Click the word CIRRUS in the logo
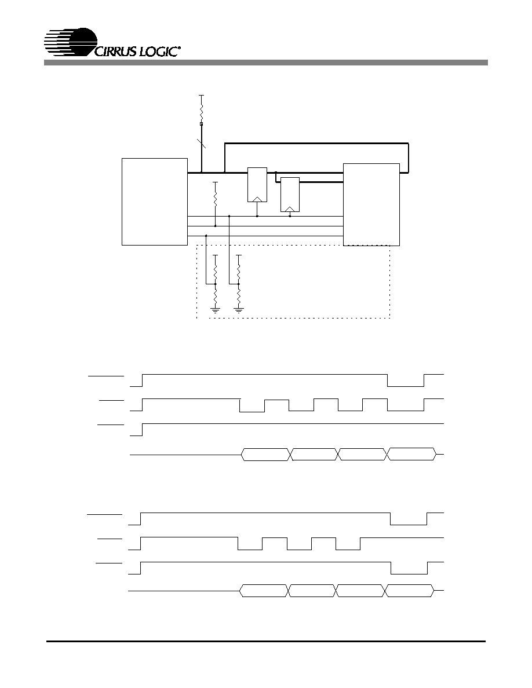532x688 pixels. [x=115, y=51]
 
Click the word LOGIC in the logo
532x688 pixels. [x=158, y=51]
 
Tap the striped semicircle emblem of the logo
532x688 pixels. [x=71, y=42]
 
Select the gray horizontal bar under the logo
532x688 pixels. [x=265, y=63]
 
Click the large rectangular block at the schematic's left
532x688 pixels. [x=155, y=202]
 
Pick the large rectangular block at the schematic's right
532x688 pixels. [x=371, y=204]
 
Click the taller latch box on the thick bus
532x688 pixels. [x=257, y=185]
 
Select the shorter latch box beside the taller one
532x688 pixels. [x=290, y=195]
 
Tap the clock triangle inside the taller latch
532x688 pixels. [x=257, y=199]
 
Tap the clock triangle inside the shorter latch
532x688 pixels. [x=290, y=209]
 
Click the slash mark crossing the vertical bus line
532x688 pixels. [x=202, y=142]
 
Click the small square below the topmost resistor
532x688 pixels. [x=202, y=124]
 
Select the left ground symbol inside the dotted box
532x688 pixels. [x=216, y=310]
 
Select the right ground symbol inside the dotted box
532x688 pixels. [x=239, y=310]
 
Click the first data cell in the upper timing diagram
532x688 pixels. [x=265, y=455]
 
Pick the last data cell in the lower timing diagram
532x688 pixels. [x=410, y=591]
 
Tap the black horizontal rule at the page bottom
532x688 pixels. [x=266, y=642]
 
